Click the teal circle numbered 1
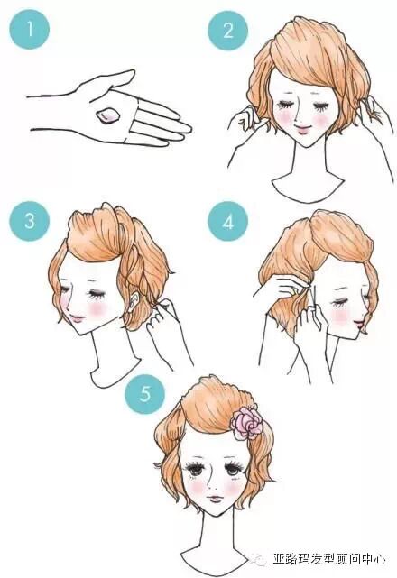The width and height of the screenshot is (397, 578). [30, 30]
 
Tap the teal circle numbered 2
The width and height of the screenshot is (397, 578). [228, 30]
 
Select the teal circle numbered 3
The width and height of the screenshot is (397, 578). [30, 221]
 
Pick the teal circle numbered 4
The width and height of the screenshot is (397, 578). [228, 222]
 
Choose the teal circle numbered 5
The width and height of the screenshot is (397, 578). [145, 394]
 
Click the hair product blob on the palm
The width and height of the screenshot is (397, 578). [108, 115]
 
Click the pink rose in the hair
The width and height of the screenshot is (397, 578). [246, 422]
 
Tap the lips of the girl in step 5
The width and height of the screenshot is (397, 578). [215, 500]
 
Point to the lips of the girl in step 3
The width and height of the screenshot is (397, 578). [77, 318]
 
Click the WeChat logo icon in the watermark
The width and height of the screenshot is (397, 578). [258, 560]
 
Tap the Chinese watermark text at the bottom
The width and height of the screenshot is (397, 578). [328, 559]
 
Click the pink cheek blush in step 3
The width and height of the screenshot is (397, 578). [97, 309]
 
